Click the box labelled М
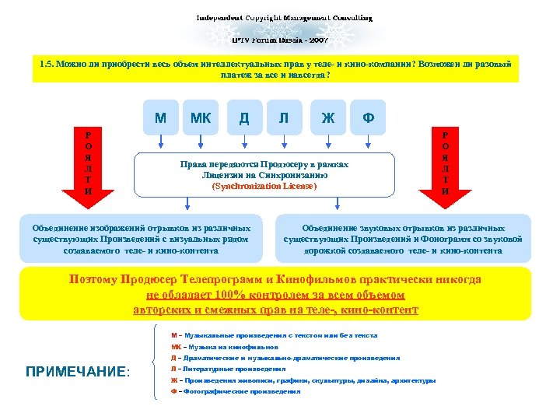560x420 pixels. coord(160,118)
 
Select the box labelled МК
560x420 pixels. coord(201,118)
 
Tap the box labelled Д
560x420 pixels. coord(244,118)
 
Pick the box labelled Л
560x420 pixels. coord(285,118)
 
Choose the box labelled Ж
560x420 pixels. coord(327,118)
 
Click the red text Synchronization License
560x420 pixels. coord(264,187)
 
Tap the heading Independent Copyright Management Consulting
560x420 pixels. coord(283,16)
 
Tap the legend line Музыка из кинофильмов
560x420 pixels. coord(225,346)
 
